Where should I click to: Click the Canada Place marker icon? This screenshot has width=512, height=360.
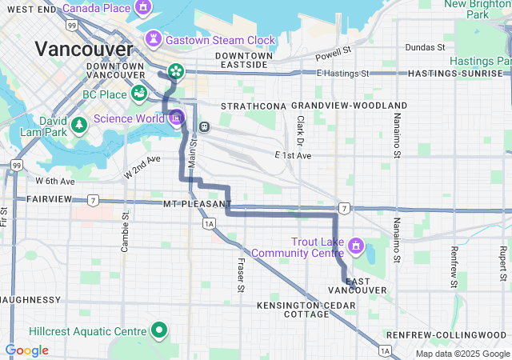click(143, 9)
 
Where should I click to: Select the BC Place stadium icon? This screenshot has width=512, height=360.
click(139, 93)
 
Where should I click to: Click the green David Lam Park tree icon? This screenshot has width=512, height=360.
click(78, 125)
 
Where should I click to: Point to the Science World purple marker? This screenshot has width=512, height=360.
click(176, 118)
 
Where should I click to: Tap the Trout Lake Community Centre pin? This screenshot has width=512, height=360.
click(355, 243)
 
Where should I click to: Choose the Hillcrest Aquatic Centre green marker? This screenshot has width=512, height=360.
click(159, 330)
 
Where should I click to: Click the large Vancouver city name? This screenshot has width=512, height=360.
click(84, 50)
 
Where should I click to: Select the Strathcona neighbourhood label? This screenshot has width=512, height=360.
click(254, 106)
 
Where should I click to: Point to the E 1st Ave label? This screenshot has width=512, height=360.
click(292, 154)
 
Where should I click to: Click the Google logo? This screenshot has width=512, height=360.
click(26, 350)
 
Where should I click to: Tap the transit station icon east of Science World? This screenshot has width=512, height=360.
click(205, 126)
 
